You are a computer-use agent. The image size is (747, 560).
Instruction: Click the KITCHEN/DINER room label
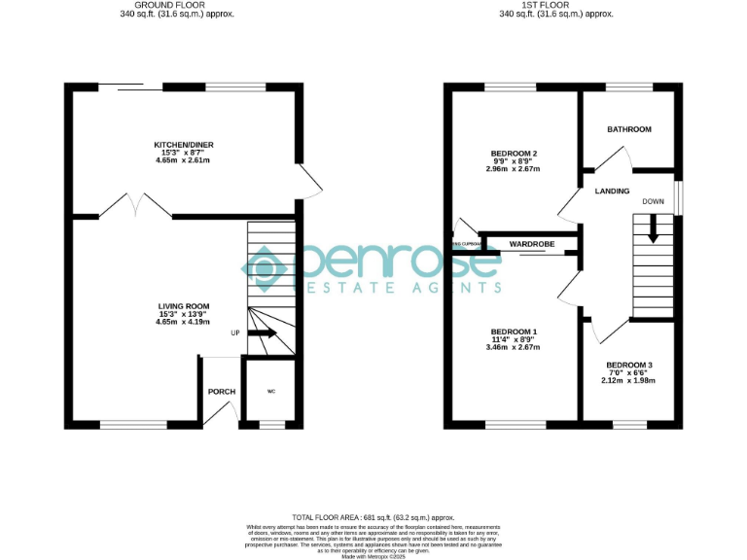[184, 145]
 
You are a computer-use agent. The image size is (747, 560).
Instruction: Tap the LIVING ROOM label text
[184, 306]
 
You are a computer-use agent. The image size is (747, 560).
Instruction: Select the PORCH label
[222, 392]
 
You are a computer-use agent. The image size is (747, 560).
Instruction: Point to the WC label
[271, 392]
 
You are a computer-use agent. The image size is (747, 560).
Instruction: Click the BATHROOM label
[629, 129]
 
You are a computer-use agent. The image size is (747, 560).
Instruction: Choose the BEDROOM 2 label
[514, 154]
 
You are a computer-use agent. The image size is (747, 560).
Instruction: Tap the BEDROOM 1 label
[514, 332]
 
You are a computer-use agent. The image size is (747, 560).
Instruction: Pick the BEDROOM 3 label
[629, 365]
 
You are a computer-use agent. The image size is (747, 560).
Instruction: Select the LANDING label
[612, 192]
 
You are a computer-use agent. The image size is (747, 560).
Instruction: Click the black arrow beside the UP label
[263, 333]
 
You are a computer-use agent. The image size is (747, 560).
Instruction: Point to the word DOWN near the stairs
[653, 202]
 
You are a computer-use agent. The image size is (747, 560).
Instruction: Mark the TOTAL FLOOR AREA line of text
[373, 517]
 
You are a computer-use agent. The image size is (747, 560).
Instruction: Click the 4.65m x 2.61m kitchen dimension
[184, 160]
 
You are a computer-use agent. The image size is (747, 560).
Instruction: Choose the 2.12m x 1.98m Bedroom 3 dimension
[629, 380]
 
